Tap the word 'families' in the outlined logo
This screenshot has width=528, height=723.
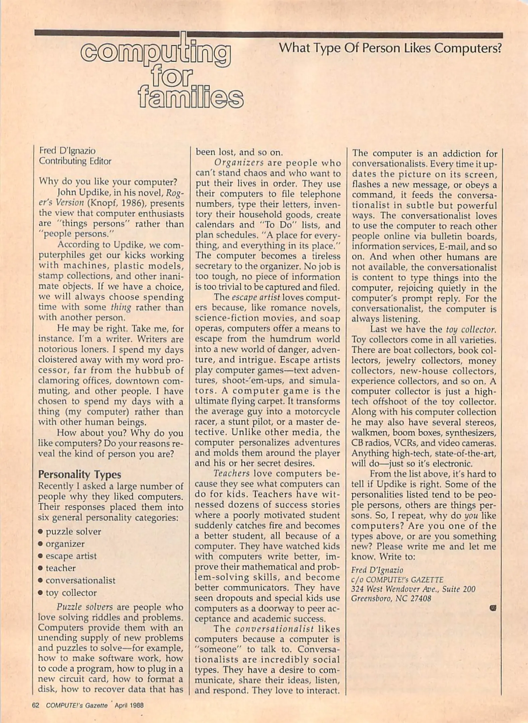(190, 98)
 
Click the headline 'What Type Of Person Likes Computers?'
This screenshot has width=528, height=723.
(390, 49)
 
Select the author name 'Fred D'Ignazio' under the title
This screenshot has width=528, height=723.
(67, 151)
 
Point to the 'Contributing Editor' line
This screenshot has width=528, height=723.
(75, 161)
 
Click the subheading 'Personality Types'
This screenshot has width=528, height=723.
(79, 474)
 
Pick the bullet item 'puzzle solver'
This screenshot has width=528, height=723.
(73, 532)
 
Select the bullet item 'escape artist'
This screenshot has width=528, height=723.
(71, 556)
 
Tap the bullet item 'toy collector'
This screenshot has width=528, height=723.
(71, 593)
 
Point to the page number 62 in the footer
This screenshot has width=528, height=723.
(35, 705)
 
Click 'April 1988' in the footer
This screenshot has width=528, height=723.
(129, 705)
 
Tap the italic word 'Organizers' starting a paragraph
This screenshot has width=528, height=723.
(239, 163)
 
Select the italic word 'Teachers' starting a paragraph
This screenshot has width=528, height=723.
(231, 473)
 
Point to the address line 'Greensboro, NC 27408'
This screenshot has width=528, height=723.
(391, 598)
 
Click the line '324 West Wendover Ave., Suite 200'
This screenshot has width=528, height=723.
(413, 589)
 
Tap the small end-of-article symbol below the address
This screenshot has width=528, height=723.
(493, 608)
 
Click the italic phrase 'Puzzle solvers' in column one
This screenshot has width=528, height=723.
(84, 607)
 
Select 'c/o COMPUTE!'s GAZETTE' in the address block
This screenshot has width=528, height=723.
(397, 579)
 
